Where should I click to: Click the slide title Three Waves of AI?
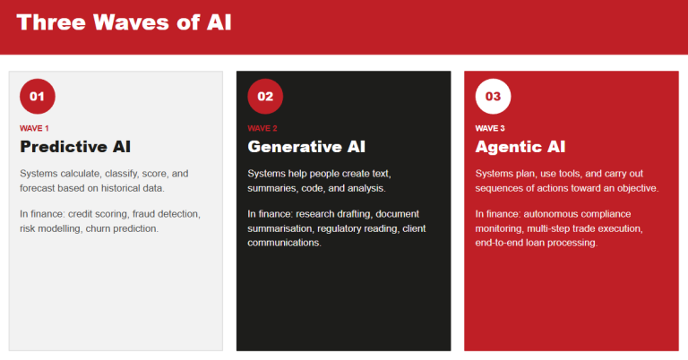pyautogui.click(x=124, y=22)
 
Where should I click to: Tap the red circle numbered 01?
pyautogui.click(x=37, y=97)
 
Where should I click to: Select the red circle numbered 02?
pyautogui.click(x=265, y=97)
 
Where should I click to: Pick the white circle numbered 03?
pyautogui.click(x=493, y=97)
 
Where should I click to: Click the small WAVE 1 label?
pyautogui.click(x=35, y=128)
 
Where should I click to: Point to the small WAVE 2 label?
pyautogui.click(x=262, y=128)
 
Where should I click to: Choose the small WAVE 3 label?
pyautogui.click(x=490, y=128)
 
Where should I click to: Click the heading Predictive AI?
pyautogui.click(x=75, y=147)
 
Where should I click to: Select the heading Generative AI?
pyautogui.click(x=306, y=147)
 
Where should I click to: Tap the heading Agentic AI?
pyautogui.click(x=520, y=147)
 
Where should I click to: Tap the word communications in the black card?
pyautogui.click(x=283, y=243)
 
